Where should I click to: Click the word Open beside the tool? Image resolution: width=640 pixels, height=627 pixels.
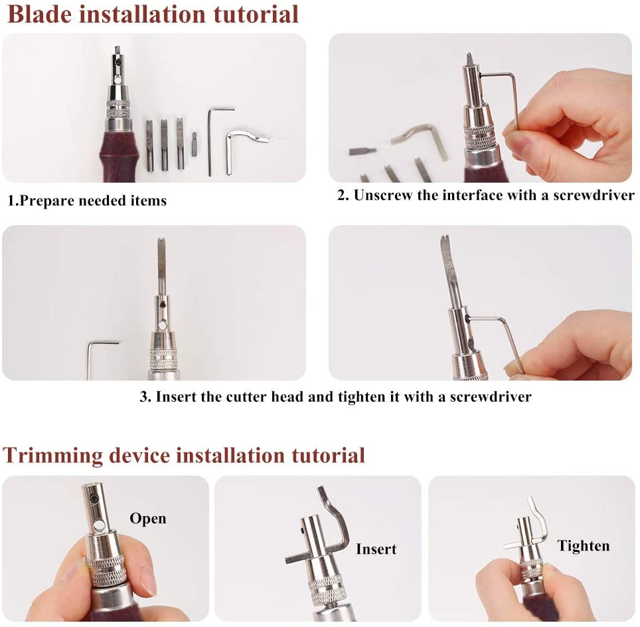click(147, 518)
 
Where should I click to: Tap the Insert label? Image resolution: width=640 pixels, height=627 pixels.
click(376, 549)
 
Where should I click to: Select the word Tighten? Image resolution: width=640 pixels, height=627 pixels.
click(583, 546)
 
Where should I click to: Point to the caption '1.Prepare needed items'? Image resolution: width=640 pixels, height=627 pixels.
click(87, 200)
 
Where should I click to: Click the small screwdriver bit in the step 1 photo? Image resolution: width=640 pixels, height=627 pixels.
click(194, 144)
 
